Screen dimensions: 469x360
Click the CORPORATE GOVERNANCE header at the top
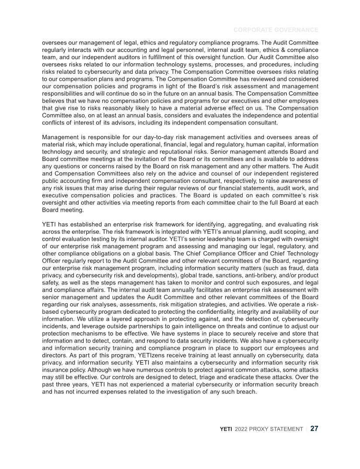(x=276, y=30)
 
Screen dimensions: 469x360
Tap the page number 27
(x=314, y=428)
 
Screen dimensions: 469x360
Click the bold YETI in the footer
(x=226, y=429)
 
